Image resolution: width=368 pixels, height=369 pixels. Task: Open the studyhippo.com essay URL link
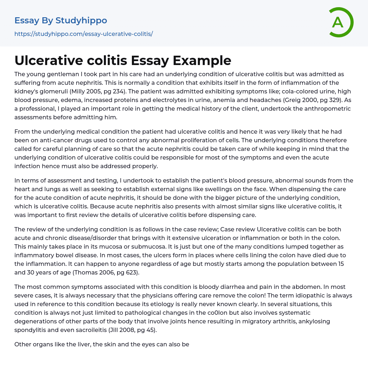point(83,34)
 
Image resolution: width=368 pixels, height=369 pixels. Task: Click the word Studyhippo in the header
point(81,20)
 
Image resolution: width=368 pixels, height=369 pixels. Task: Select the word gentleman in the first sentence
point(59,74)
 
